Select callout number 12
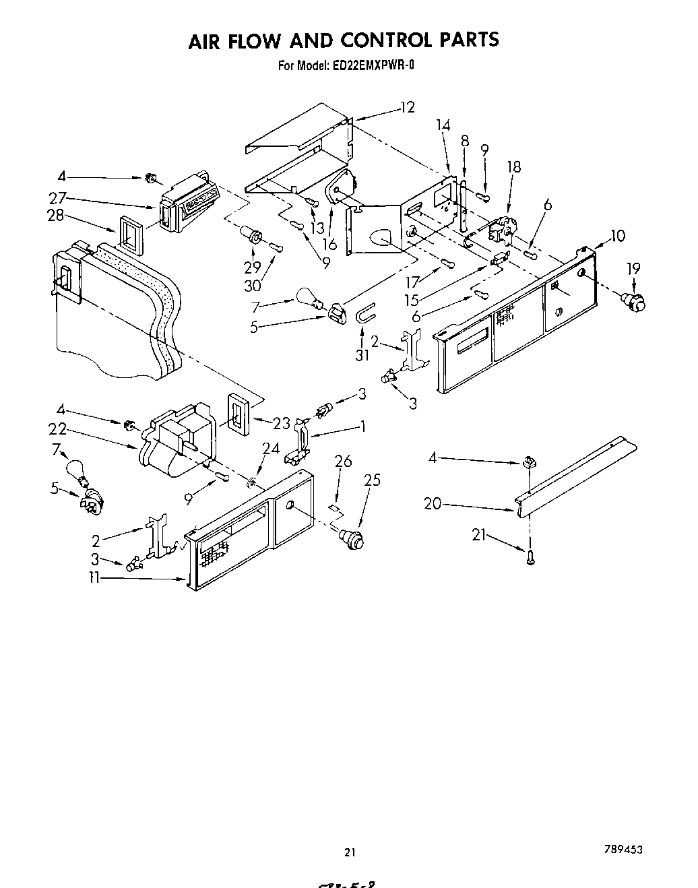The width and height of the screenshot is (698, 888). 407,107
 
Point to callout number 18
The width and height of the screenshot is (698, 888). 514,168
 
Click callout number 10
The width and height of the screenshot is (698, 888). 617,236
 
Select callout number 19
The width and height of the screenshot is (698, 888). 633,269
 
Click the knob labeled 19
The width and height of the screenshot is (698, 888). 635,300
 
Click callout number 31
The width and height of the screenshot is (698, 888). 362,354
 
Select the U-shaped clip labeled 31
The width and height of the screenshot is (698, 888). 364,314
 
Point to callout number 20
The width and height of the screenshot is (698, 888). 433,503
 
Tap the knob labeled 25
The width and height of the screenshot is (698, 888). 352,537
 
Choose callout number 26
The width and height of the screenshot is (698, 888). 343,462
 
